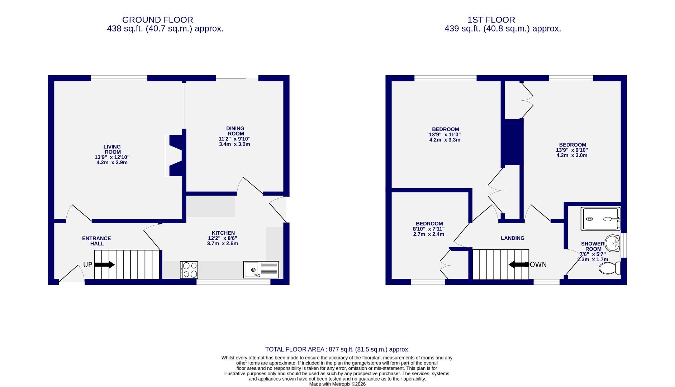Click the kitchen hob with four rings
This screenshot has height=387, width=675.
click(x=189, y=270)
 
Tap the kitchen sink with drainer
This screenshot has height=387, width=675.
click(x=261, y=270)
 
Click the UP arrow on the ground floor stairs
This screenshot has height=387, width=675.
click(x=104, y=265)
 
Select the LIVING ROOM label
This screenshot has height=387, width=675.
click(x=112, y=149)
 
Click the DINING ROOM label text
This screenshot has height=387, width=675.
click(x=235, y=131)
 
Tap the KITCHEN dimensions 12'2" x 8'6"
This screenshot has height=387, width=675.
click(x=223, y=238)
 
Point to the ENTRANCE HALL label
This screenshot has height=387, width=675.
click(x=96, y=241)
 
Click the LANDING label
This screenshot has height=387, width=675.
click(x=512, y=238)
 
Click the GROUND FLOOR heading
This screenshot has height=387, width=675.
click(x=157, y=20)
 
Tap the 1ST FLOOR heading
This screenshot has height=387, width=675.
click(x=491, y=20)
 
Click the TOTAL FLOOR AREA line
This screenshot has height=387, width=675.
click(x=337, y=349)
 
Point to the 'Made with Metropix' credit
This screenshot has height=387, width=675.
click(x=337, y=384)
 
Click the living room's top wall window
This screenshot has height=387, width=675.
click(x=119, y=78)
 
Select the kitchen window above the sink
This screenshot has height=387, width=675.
click(x=233, y=282)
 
